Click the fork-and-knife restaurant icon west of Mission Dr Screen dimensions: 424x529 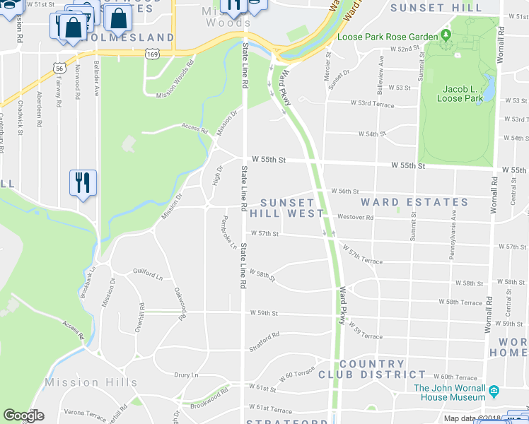(x=83, y=183)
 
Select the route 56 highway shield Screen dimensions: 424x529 (x=59, y=67)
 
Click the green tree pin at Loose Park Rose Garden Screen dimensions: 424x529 (x=445, y=35)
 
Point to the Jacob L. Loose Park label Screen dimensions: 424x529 (x=453, y=93)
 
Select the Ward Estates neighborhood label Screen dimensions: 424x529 (x=405, y=202)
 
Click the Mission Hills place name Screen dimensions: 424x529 (x=91, y=382)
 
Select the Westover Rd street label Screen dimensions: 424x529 (x=355, y=217)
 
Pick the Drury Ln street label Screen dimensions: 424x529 (x=186, y=375)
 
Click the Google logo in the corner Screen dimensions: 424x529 (x=23, y=416)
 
